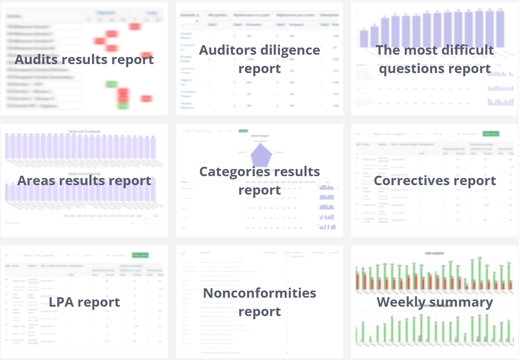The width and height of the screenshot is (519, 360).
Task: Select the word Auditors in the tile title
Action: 226,50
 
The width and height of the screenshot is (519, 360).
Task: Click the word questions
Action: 406,69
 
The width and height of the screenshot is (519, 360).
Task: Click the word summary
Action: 465,302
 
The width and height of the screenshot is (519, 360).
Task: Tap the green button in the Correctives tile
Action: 491,134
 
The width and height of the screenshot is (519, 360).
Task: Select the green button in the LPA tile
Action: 140,255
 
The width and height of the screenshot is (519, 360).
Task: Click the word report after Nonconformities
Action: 260,311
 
